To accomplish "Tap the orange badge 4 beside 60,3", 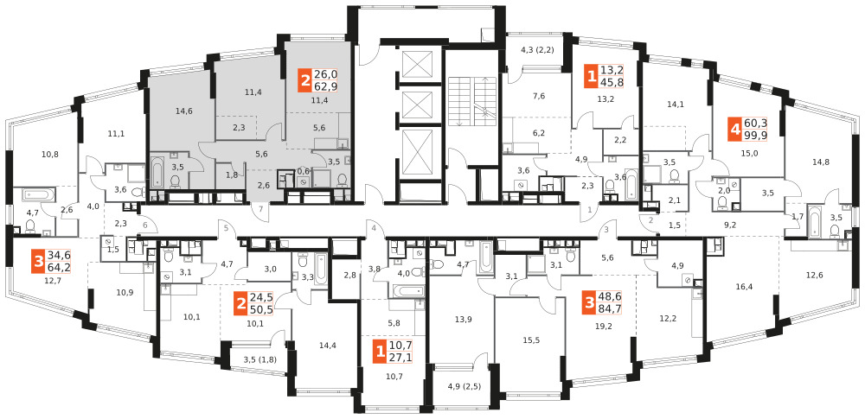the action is pyautogui.click(x=734, y=130).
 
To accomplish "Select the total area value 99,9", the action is pyautogui.click(x=754, y=135).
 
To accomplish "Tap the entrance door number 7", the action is pyautogui.click(x=261, y=208).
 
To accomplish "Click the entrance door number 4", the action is pyautogui.click(x=374, y=228).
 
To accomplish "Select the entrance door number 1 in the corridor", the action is pyautogui.click(x=589, y=209).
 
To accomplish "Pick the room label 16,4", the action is pyautogui.click(x=744, y=286).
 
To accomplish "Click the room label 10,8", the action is pyautogui.click(x=50, y=154).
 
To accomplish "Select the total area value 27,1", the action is pyautogui.click(x=400, y=356).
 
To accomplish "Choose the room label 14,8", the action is pyautogui.click(x=820, y=162).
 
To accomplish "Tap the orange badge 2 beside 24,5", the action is pyautogui.click(x=240, y=303).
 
